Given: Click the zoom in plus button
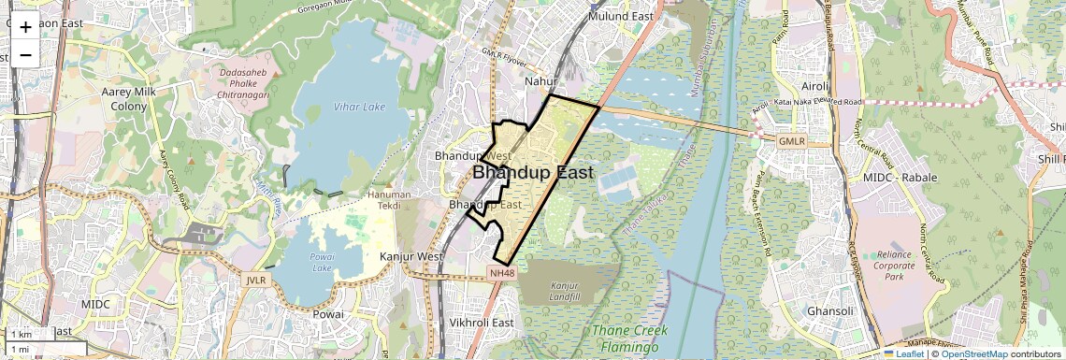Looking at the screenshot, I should (25, 27).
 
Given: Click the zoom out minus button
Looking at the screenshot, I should (25, 54).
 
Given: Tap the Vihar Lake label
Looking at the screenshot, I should (359, 108).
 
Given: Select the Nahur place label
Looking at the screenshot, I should (540, 81).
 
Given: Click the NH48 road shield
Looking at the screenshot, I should (501, 273).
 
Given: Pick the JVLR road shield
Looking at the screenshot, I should (256, 280).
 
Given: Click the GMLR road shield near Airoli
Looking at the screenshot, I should (791, 140).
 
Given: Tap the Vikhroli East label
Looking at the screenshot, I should (483, 323).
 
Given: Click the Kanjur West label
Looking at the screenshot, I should (411, 255).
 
